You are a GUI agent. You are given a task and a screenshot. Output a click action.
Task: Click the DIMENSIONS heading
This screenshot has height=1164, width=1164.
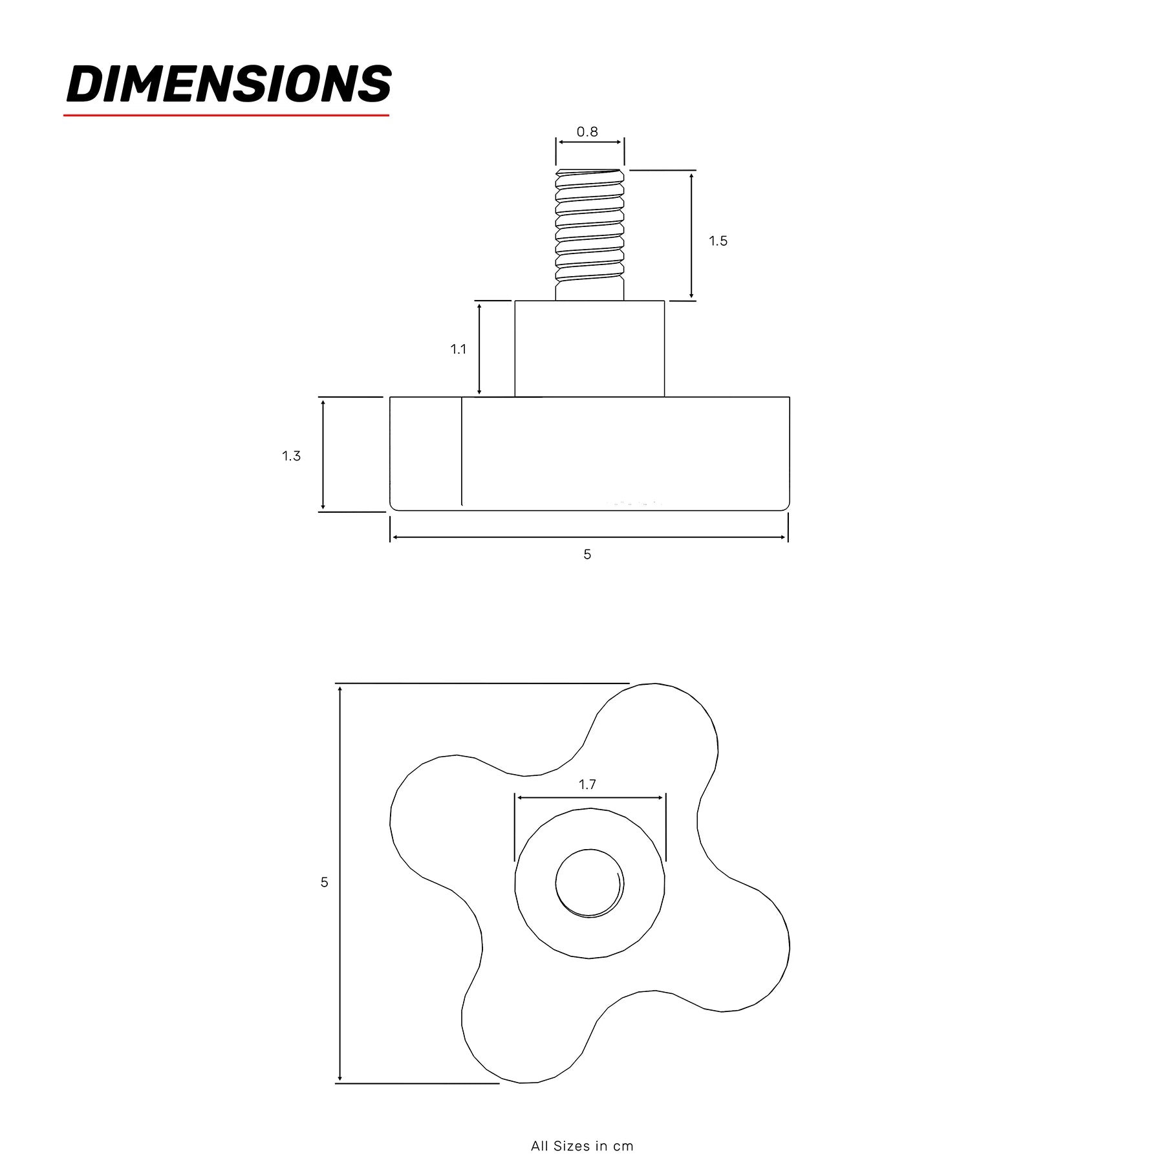tap(229, 84)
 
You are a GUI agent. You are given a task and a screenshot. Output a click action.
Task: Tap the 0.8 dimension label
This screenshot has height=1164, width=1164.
tap(587, 132)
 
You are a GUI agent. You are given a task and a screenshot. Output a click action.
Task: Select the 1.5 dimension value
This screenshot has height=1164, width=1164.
tap(718, 241)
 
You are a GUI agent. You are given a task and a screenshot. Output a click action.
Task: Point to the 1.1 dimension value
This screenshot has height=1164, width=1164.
tap(458, 349)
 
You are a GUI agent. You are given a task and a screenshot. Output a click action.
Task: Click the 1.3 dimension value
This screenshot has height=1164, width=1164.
tap(292, 456)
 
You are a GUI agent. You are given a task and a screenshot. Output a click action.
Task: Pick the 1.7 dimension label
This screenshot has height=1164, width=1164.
tap(587, 784)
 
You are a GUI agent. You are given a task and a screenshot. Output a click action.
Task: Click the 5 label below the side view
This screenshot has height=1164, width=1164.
tap(587, 554)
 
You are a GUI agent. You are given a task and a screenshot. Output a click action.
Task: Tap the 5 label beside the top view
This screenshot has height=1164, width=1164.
tap(325, 882)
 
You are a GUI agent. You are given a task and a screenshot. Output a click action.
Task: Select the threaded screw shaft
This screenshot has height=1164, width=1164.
tap(590, 235)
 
